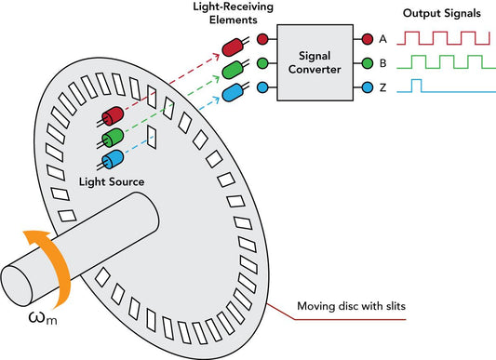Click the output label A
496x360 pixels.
coord(382,40)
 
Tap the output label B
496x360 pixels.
coord(382,64)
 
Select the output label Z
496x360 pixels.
coord(382,89)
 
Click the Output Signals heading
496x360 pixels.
coord(441,14)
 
